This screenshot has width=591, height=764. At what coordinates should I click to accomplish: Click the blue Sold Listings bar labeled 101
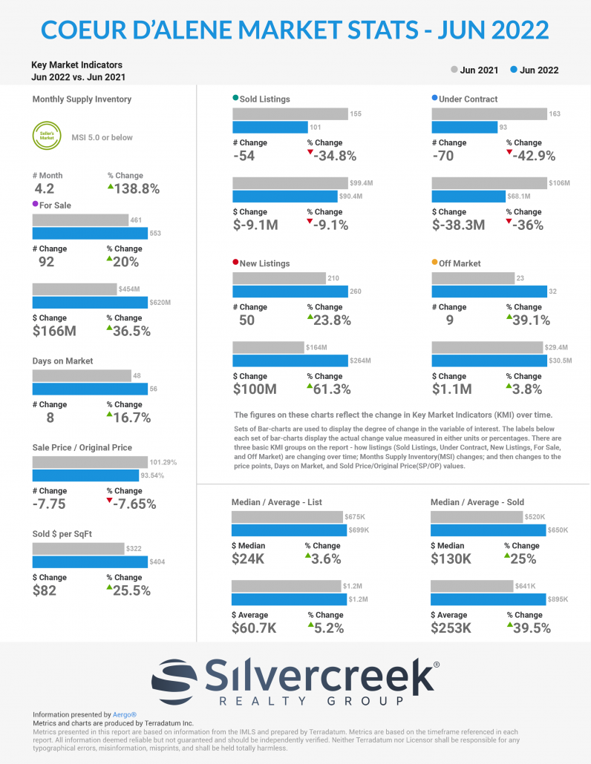[x=270, y=127]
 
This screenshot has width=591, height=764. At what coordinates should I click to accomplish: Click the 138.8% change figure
[x=134, y=188]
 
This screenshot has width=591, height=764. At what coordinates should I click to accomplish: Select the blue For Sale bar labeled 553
[x=90, y=234]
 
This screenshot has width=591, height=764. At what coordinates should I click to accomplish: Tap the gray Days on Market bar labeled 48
[x=82, y=376]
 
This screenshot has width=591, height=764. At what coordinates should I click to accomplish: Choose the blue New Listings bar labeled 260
[x=290, y=292]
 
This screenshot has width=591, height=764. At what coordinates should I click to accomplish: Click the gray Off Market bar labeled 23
[x=473, y=278]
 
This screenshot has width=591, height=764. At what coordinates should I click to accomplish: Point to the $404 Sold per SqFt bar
[x=89, y=562]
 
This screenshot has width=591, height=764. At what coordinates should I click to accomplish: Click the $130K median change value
[x=451, y=559]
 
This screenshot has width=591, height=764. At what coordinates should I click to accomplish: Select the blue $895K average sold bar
[x=489, y=599]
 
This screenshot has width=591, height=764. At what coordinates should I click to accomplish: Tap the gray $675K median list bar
[x=287, y=517]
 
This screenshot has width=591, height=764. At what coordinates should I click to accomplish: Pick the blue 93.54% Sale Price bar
[x=85, y=475]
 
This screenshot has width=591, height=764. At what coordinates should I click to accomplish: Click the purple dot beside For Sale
[x=36, y=205]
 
